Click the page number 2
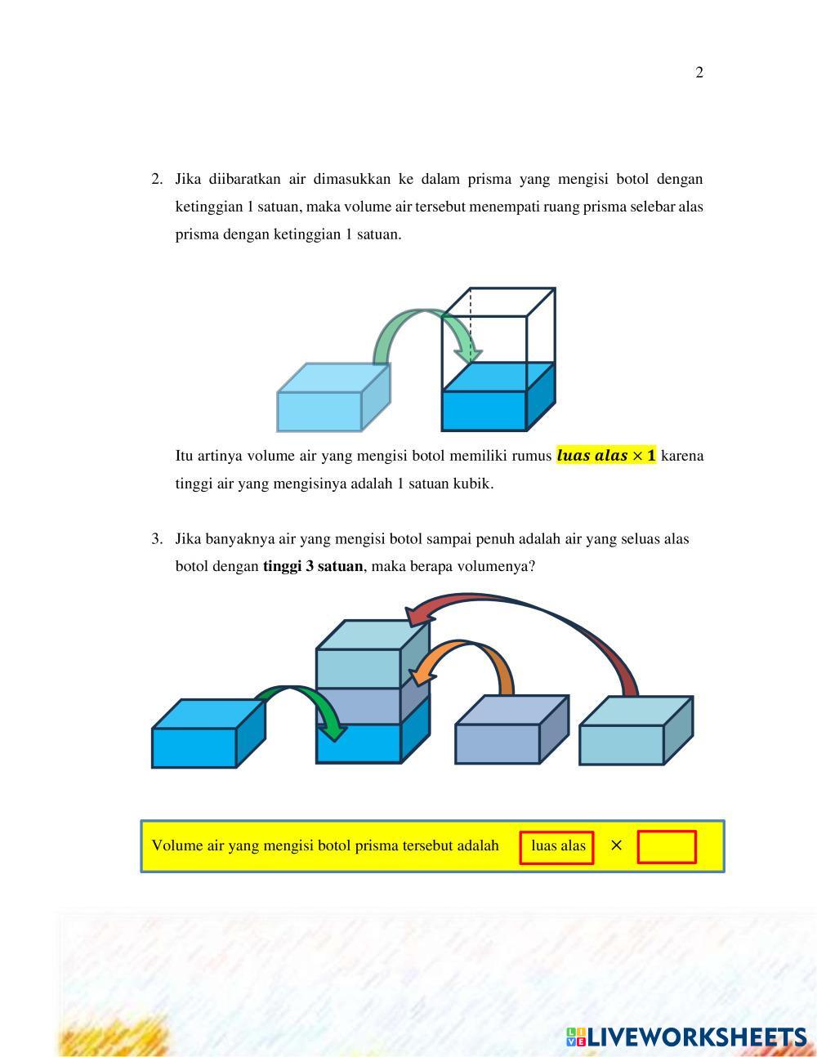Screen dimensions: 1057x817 pyautogui.click(x=699, y=73)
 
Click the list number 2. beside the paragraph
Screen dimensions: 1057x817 pyautogui.click(x=157, y=179)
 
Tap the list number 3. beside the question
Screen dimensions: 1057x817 pyautogui.click(x=157, y=539)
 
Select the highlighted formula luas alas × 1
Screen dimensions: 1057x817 pyautogui.click(x=605, y=456)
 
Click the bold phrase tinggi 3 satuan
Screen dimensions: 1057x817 pyautogui.click(x=313, y=566)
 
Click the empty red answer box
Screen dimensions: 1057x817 pyautogui.click(x=667, y=847)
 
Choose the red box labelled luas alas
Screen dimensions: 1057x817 pyautogui.click(x=557, y=847)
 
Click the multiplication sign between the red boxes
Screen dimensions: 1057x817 pyautogui.click(x=616, y=846)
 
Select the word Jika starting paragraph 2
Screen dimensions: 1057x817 pyautogui.click(x=189, y=179)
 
